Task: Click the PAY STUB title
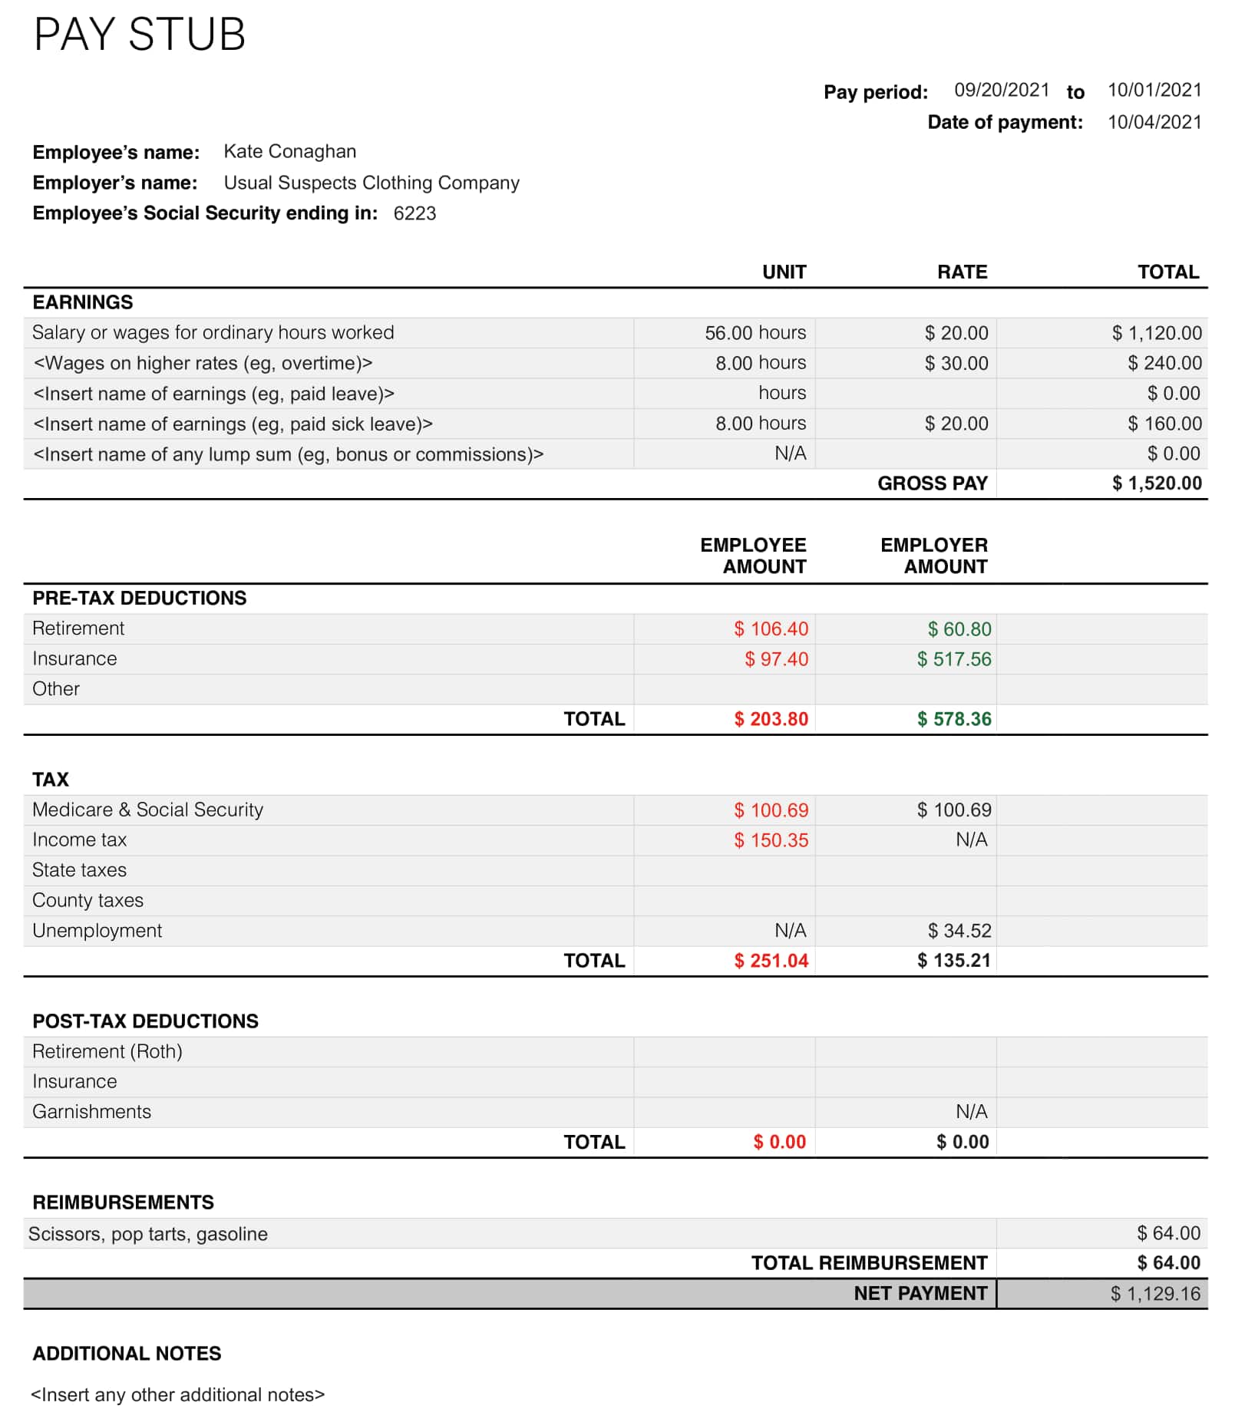(x=139, y=35)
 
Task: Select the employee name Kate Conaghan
(x=289, y=151)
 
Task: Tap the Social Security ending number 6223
(x=414, y=213)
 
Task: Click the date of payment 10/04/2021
(x=1154, y=122)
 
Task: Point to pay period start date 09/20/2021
(x=1001, y=91)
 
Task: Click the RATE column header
(x=962, y=272)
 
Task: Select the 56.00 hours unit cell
(x=755, y=332)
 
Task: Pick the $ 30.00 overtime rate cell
(x=956, y=363)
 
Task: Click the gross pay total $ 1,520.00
(x=1156, y=483)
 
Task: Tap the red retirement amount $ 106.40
(x=771, y=629)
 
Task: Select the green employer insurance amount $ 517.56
(x=954, y=659)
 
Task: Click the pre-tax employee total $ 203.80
(x=771, y=719)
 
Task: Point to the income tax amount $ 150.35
(x=771, y=840)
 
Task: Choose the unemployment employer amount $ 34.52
(x=959, y=931)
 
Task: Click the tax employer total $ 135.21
(x=954, y=961)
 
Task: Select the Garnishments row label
(x=91, y=1112)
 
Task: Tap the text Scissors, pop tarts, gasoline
(x=148, y=1234)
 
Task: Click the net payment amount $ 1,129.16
(x=1154, y=1294)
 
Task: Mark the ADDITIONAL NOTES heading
(x=127, y=1354)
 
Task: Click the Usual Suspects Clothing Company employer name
(x=371, y=183)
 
